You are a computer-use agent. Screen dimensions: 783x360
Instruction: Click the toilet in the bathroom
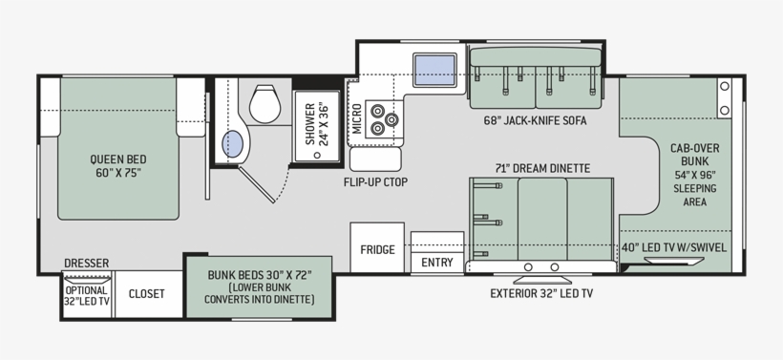265,104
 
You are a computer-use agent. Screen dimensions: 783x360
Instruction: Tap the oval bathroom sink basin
233,144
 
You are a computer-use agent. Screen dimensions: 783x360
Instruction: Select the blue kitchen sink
434,70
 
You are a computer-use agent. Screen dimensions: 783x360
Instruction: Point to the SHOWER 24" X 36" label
317,124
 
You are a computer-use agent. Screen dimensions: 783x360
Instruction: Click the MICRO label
357,118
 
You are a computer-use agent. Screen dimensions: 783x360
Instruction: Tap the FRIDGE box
377,247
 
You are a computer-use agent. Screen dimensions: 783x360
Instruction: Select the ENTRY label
437,263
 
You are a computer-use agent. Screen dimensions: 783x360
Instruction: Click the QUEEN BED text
118,159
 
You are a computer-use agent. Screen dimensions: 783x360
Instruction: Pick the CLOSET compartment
148,294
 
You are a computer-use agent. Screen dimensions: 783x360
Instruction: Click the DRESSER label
86,264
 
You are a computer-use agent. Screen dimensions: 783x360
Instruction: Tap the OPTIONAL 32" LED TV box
87,295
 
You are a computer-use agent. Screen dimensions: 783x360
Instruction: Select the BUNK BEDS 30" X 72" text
260,275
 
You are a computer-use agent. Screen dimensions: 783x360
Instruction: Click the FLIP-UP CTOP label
375,182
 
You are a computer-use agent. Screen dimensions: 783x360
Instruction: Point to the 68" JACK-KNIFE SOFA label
535,121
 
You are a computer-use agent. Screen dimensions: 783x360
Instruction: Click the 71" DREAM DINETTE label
542,168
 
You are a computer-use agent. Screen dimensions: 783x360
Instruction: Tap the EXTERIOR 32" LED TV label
541,293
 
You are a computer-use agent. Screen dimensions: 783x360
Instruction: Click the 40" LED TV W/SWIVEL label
674,248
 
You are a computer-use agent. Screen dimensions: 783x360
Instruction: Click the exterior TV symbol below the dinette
542,280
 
